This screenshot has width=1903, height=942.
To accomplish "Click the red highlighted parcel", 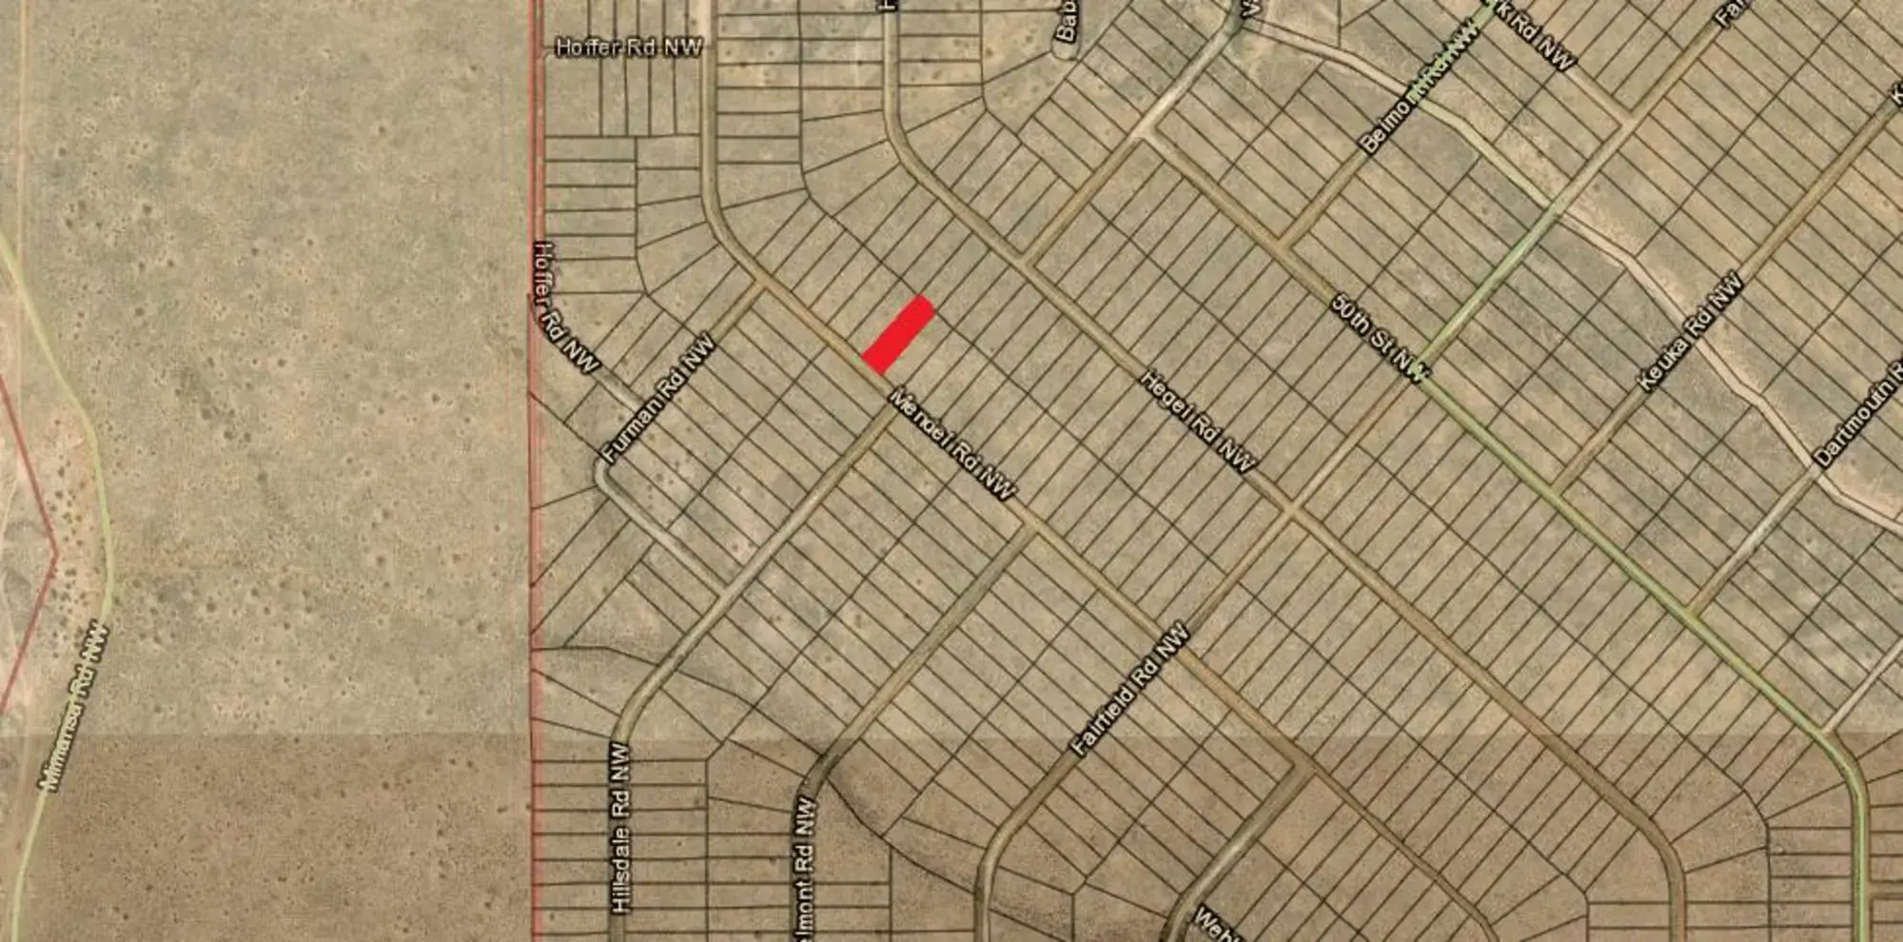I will pos(897,335).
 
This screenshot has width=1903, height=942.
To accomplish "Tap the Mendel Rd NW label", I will pos(951,443).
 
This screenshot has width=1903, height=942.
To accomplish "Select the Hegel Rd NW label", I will pos(1198,422).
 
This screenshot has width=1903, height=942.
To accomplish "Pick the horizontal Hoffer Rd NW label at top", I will pos(629,48).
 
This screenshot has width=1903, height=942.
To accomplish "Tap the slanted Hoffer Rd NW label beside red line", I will pos(564,306).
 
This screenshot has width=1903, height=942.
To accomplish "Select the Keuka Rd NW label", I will pos(1690,332).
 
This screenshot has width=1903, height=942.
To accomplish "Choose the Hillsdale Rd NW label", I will pos(620,828).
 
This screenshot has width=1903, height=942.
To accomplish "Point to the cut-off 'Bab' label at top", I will pos(1066,21).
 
